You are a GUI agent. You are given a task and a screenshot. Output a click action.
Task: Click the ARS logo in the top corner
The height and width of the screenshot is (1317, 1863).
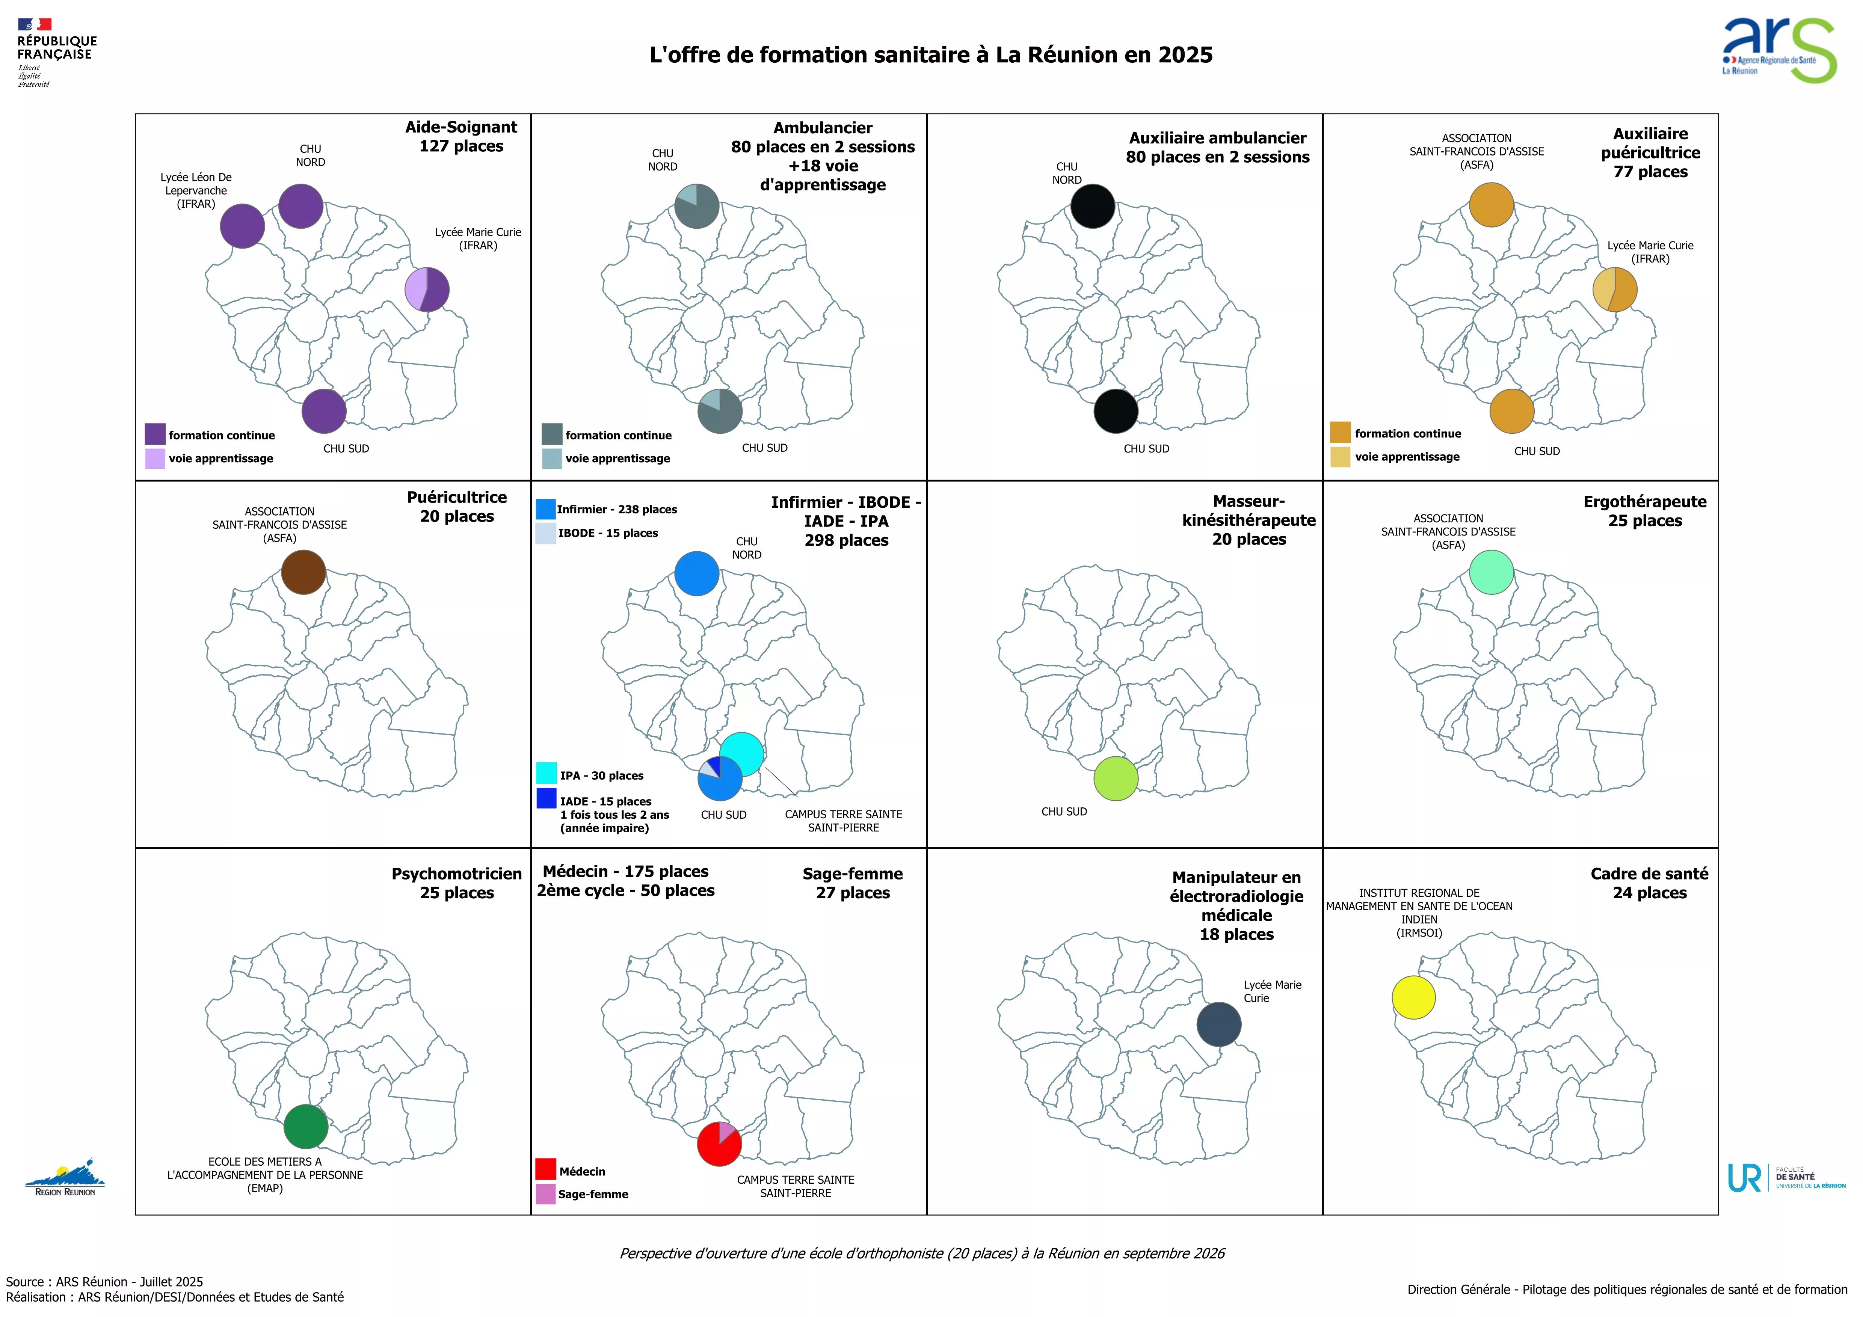(x=1778, y=50)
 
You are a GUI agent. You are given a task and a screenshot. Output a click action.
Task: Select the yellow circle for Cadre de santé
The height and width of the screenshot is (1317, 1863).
(x=1413, y=997)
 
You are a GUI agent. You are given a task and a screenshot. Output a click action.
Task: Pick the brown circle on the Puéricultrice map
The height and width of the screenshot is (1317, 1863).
(x=303, y=572)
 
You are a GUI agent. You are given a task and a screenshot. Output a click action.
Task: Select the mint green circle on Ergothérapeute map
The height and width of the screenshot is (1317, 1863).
(x=1492, y=572)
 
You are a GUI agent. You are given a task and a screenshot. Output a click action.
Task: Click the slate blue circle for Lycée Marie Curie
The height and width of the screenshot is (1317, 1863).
(x=1219, y=1024)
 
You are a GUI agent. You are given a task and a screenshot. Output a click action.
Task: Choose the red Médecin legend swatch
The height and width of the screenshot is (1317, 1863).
(x=545, y=1169)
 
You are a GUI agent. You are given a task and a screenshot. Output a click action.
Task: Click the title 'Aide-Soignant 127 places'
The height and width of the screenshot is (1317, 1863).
(x=461, y=136)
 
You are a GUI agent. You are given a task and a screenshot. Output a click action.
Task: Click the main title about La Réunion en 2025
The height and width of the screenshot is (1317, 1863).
(x=931, y=55)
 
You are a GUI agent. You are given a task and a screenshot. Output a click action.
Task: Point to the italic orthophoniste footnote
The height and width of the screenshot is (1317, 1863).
(x=922, y=1254)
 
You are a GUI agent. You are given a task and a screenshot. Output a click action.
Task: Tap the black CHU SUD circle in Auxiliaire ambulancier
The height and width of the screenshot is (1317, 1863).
(x=1116, y=412)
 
